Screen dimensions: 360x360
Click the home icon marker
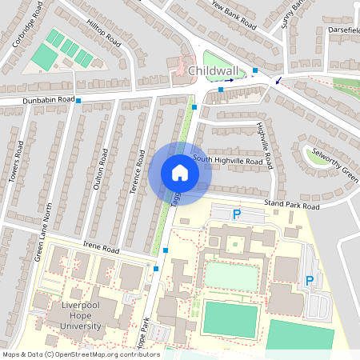tap(179, 173)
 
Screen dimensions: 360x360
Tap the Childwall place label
tap(216, 71)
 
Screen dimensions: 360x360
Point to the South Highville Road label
tap(227, 161)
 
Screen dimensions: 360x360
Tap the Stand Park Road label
tap(291, 206)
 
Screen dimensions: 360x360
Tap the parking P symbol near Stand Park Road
tap(236, 214)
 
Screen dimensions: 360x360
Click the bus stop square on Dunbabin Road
tap(78, 100)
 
